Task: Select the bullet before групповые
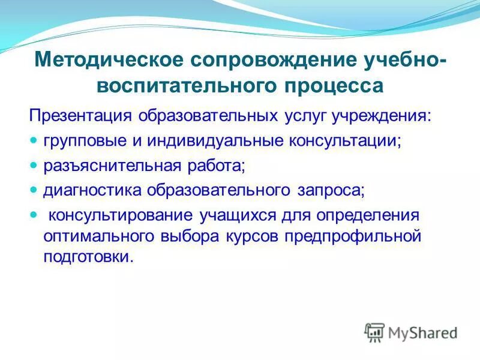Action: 34,140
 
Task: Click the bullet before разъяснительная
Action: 34,165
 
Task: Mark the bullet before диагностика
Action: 34,190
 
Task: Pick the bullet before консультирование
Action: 34,214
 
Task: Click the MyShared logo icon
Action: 375,331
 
